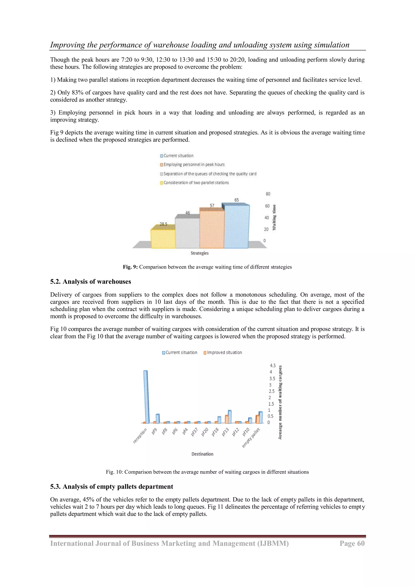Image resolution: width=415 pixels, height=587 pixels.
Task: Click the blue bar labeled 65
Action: tap(237, 226)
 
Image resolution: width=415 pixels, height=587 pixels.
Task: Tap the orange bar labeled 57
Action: tap(212, 229)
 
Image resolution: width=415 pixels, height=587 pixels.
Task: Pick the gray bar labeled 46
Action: tap(187, 233)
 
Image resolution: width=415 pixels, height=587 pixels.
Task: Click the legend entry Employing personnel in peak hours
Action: tap(194, 165)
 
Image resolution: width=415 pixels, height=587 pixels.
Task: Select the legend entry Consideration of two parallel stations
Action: tap(196, 183)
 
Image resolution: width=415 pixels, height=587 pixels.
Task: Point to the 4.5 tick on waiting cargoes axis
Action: tap(273, 366)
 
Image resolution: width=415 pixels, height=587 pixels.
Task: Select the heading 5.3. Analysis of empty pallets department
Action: tap(111, 486)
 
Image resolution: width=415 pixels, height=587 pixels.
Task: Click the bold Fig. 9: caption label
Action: tap(130, 267)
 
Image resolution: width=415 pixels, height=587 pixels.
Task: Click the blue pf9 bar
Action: tap(158, 419)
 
